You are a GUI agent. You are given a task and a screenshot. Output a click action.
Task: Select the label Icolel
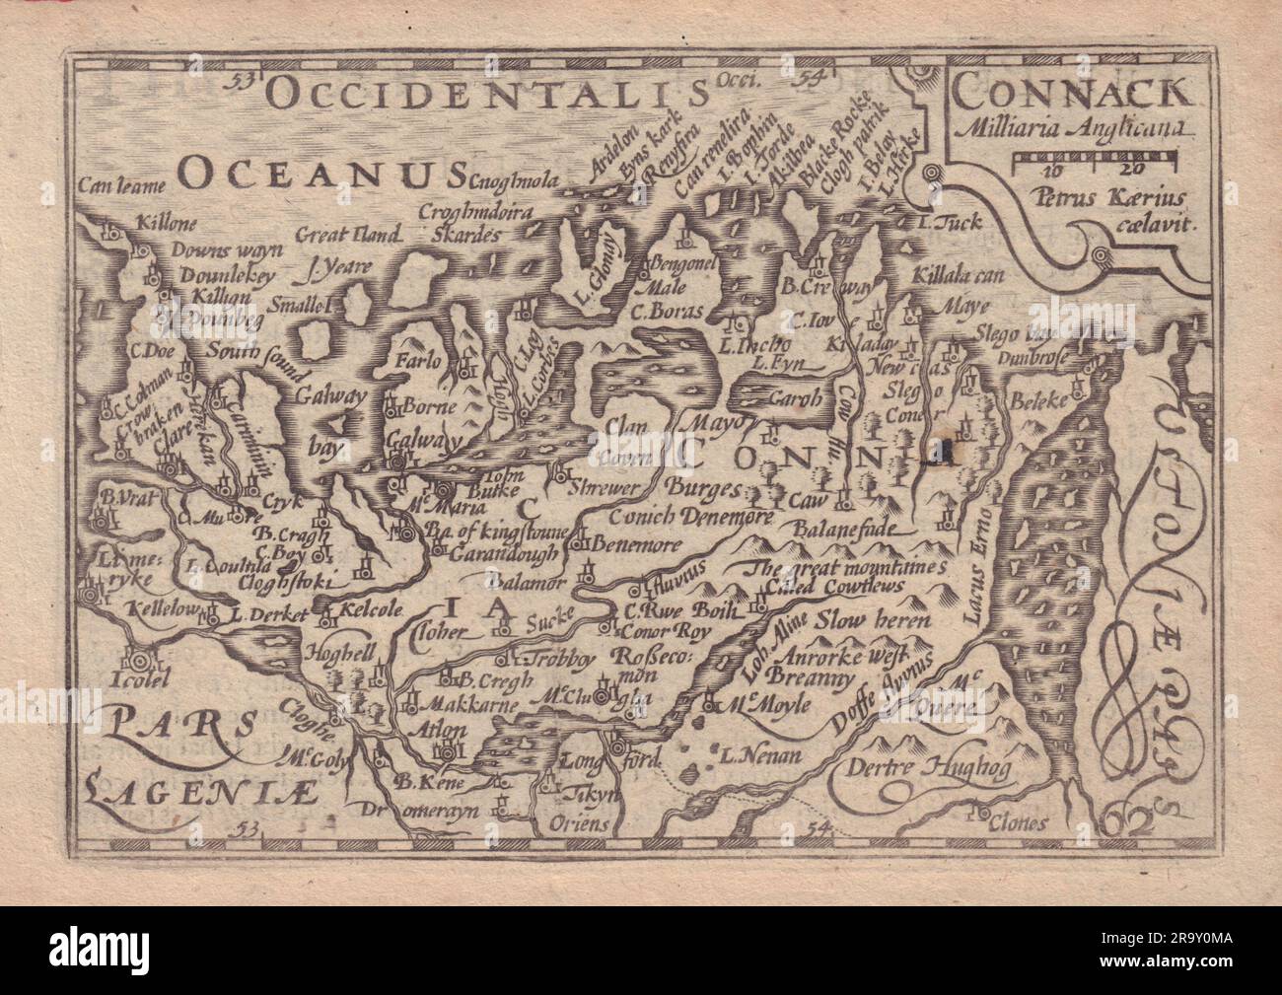[138, 677]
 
